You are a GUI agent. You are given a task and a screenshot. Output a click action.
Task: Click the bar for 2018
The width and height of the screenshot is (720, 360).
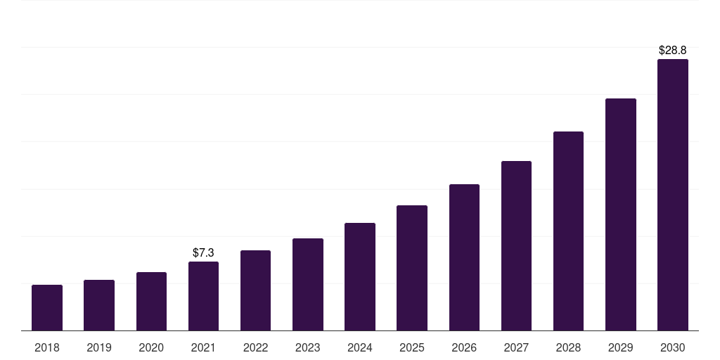(x=47, y=308)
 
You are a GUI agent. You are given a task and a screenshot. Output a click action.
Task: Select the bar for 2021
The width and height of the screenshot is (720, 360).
(x=203, y=296)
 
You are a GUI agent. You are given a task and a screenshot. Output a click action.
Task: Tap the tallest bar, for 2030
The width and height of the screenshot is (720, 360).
(x=672, y=195)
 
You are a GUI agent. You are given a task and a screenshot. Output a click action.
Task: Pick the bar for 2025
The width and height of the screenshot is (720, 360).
(x=412, y=268)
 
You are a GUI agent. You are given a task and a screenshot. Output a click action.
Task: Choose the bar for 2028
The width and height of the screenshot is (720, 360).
(x=568, y=231)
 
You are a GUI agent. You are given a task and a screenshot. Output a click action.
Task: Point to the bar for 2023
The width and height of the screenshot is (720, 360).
(x=308, y=285)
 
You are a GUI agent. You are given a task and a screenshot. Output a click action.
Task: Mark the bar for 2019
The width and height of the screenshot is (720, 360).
(x=99, y=305)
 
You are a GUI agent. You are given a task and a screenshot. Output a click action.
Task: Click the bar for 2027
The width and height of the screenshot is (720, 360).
(x=516, y=246)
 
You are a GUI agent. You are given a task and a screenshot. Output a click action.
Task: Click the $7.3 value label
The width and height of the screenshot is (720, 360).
(x=203, y=252)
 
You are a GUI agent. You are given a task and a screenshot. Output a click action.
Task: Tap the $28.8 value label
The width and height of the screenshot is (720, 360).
(x=672, y=51)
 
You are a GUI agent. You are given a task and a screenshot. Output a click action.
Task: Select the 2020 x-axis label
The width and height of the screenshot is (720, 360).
(x=151, y=347)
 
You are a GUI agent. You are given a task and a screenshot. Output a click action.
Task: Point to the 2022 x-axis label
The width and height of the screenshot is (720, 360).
(x=255, y=347)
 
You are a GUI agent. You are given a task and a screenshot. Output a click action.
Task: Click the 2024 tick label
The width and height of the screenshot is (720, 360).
(x=360, y=347)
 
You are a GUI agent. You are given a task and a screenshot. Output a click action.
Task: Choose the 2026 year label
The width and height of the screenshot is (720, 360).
(x=464, y=347)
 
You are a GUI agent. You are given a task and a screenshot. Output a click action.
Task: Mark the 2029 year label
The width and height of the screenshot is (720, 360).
(x=620, y=347)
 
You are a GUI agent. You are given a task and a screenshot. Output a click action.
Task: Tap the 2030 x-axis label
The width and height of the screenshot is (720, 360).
(x=672, y=347)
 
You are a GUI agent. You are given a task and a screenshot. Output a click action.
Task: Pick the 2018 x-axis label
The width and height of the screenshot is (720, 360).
(x=47, y=347)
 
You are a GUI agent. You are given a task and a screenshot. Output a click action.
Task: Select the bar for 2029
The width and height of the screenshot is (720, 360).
(x=620, y=214)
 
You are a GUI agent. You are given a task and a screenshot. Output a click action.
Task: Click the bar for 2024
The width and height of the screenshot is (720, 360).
(x=360, y=277)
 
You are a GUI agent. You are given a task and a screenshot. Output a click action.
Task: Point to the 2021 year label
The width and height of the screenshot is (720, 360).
(x=203, y=347)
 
